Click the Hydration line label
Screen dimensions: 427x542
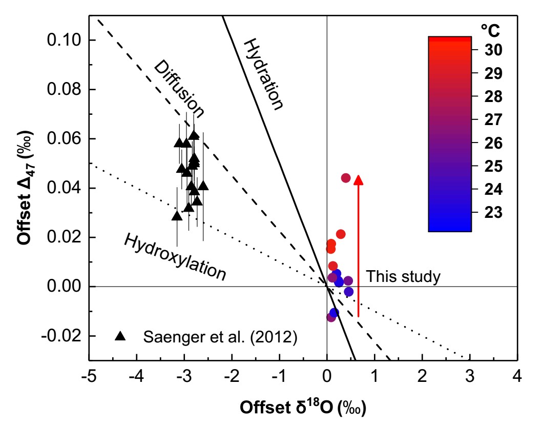click(x=263, y=74)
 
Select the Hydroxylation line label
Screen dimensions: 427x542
click(x=175, y=257)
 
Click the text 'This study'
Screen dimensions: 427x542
click(x=403, y=277)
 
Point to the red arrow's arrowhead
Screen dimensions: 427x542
click(x=359, y=179)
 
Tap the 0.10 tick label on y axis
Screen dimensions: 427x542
click(x=64, y=40)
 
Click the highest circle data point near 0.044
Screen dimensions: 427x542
click(x=345, y=178)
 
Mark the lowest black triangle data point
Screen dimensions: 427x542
click(x=177, y=216)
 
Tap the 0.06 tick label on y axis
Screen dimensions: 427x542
click(x=64, y=139)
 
